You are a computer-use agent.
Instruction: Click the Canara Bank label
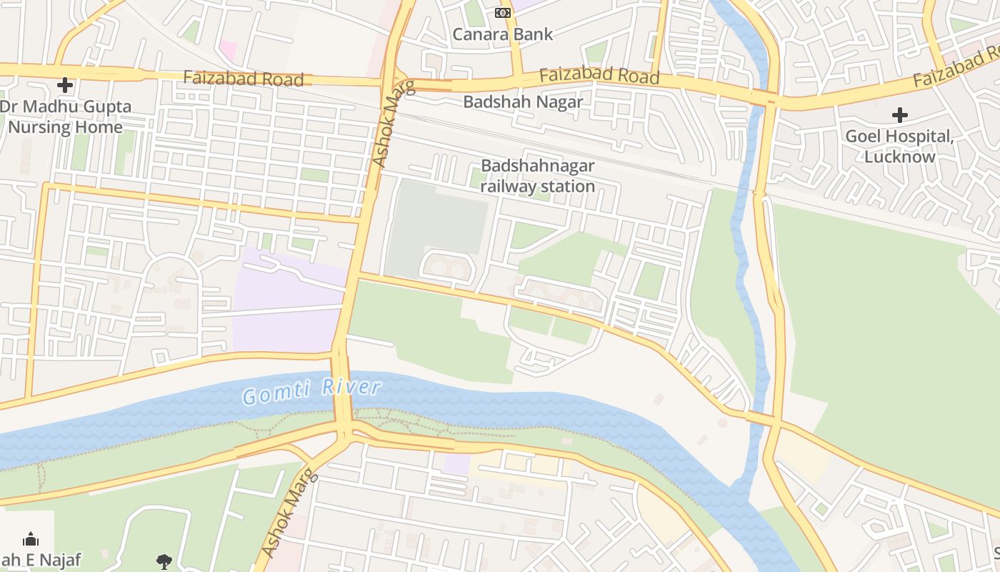click(x=503, y=34)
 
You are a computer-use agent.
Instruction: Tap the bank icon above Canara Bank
click(x=503, y=13)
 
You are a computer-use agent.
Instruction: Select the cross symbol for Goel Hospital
click(x=899, y=114)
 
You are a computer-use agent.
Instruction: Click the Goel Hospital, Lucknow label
click(x=899, y=146)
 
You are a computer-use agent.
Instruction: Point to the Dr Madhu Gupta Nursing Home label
click(x=65, y=117)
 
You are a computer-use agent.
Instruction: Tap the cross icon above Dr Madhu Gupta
click(x=65, y=86)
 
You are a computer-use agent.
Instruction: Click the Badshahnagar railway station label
click(x=537, y=176)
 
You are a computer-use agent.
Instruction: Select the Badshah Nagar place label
click(x=523, y=102)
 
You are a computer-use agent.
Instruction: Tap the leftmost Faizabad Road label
click(x=243, y=78)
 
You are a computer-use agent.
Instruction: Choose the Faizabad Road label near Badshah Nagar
click(x=599, y=74)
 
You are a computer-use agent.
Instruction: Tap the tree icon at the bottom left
click(x=164, y=561)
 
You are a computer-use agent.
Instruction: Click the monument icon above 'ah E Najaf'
click(x=31, y=538)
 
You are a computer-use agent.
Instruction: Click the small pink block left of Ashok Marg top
click(x=228, y=50)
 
